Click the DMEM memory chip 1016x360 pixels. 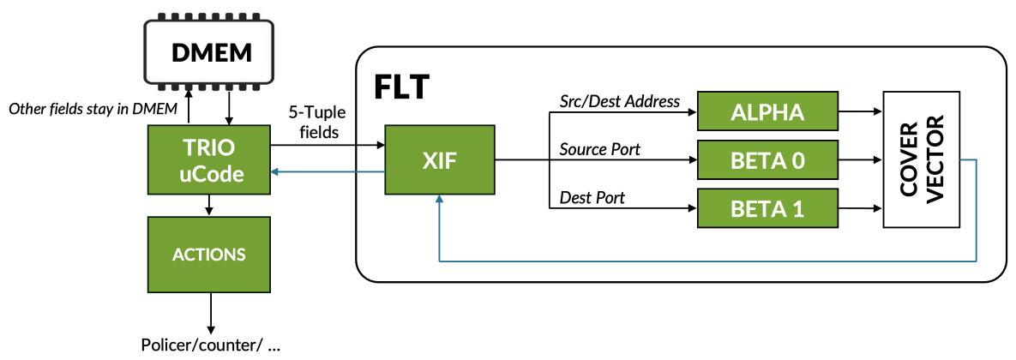(211, 53)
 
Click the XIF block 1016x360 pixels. (440, 159)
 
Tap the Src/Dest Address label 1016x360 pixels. (620, 101)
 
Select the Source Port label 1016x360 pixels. (600, 149)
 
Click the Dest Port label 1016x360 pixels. (592, 198)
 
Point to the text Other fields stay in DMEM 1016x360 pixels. (93, 109)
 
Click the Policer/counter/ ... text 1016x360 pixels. (211, 346)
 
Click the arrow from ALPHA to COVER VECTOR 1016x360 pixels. (859, 111)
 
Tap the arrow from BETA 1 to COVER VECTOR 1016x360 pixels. (859, 208)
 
